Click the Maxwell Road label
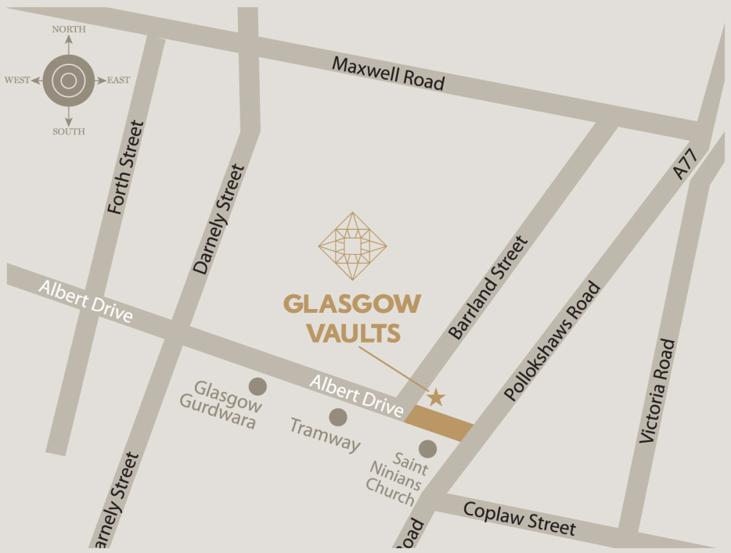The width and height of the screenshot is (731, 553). coord(388,73)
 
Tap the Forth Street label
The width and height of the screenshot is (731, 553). coord(126,167)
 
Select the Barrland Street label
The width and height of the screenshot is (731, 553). coord(488,288)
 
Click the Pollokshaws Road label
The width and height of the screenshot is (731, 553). coord(553,342)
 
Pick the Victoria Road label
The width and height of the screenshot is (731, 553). coord(658,391)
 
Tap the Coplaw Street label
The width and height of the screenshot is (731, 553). coord(519,519)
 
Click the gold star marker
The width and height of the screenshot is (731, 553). coord(436,397)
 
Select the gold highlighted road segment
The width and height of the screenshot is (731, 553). coord(439,423)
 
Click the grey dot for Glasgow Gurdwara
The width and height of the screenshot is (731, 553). coord(258,386)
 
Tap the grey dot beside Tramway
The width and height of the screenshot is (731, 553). coord(338,418)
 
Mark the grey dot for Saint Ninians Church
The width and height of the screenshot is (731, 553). coord(427,449)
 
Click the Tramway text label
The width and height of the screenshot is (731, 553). coord(325,434)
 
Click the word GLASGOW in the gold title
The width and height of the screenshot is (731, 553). coord(352,304)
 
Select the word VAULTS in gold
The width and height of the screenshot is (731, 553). coord(353,333)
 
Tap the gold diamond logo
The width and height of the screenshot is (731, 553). coord(353,246)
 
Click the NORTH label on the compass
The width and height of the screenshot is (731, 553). coord(68,29)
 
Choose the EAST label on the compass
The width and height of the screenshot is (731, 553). coord(118,80)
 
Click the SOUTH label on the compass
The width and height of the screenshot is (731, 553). coord(68,132)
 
